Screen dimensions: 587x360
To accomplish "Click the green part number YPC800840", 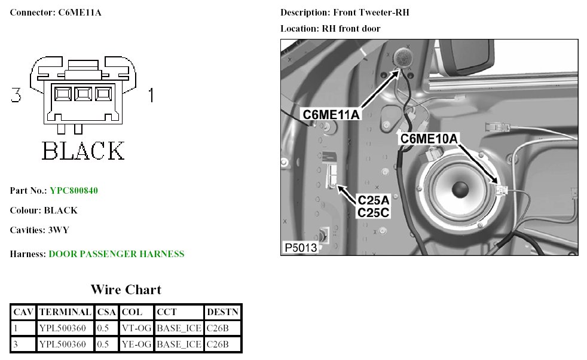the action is click(x=74, y=191).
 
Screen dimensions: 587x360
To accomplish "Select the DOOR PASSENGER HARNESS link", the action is click(x=117, y=254).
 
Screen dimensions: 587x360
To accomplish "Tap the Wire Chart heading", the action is click(x=126, y=290).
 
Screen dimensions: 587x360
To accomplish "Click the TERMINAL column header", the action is click(x=65, y=312).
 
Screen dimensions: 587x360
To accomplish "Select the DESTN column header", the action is click(x=222, y=312).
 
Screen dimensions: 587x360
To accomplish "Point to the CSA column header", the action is click(x=106, y=312).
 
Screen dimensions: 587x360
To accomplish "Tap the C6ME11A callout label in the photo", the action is click(x=331, y=114).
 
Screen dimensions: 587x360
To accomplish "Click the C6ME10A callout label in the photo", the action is click(x=429, y=139).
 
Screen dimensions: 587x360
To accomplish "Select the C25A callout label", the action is click(x=374, y=200).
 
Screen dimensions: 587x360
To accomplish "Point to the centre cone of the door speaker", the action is click(x=459, y=190).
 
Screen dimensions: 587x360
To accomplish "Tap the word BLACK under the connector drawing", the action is click(x=82, y=151).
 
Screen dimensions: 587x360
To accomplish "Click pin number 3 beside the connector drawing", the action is click(x=16, y=95).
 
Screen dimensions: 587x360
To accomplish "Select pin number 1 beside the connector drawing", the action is click(x=151, y=95).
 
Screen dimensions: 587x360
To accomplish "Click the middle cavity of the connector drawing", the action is click(x=83, y=93).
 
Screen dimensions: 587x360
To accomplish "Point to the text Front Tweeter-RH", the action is click(x=371, y=13).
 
